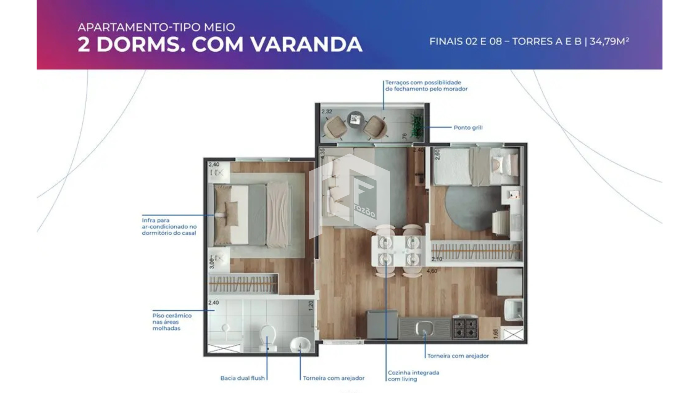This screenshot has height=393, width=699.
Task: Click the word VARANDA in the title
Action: pyautogui.click(x=307, y=44)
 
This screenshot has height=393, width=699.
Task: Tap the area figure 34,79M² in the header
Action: pyautogui.click(x=609, y=41)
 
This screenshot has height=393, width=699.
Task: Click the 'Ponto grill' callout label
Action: pyautogui.click(x=468, y=127)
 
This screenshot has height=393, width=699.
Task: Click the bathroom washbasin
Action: pyautogui.click(x=300, y=344)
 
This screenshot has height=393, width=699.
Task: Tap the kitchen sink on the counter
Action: pyautogui.click(x=424, y=328)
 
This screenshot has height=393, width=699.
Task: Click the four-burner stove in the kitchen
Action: pyautogui.click(x=465, y=328)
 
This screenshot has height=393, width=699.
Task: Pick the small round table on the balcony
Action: pyautogui.click(x=355, y=119)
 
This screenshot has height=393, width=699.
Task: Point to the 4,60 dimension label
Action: pyautogui.click(x=432, y=271)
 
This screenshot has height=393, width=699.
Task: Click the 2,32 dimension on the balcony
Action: pyautogui.click(x=327, y=111)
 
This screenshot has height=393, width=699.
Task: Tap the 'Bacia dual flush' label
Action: pyautogui.click(x=242, y=378)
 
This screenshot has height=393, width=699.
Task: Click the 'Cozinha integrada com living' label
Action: pyautogui.click(x=414, y=376)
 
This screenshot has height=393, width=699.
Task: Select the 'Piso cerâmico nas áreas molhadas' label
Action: pyautogui.click(x=172, y=322)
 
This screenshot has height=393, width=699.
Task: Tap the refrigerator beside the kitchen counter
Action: pyautogui.click(x=382, y=325)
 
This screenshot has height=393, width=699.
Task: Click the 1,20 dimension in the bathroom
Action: pyautogui.click(x=311, y=306)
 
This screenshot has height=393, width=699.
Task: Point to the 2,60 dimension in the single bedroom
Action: pyautogui.click(x=438, y=154)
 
